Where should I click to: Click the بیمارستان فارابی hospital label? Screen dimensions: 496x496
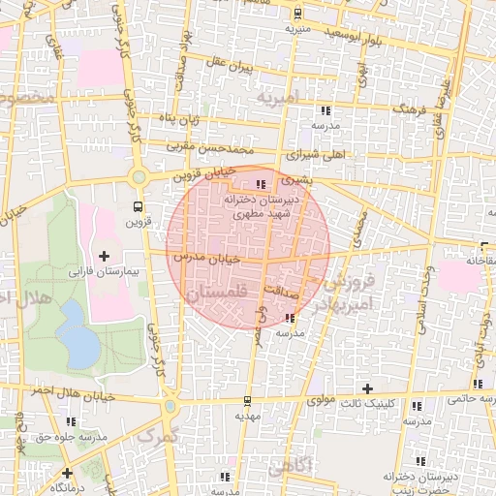104,273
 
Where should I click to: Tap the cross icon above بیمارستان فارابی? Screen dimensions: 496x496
105,256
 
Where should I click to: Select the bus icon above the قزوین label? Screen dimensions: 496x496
137,206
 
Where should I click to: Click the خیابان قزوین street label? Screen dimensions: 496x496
205,174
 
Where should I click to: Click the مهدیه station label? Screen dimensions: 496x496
248,416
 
